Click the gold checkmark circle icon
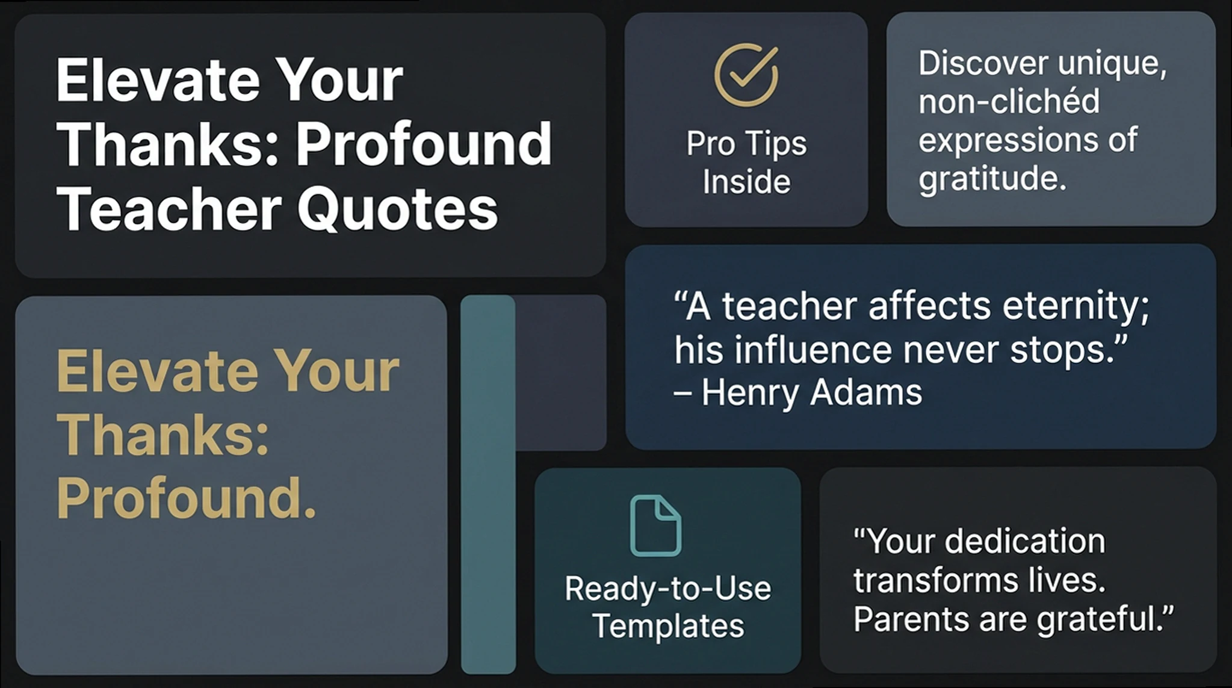746,75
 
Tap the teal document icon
655,525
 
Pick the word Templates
668,626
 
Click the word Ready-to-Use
668,588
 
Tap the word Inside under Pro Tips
746,182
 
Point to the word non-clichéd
1009,101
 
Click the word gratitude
992,178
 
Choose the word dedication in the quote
1024,541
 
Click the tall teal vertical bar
488,485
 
